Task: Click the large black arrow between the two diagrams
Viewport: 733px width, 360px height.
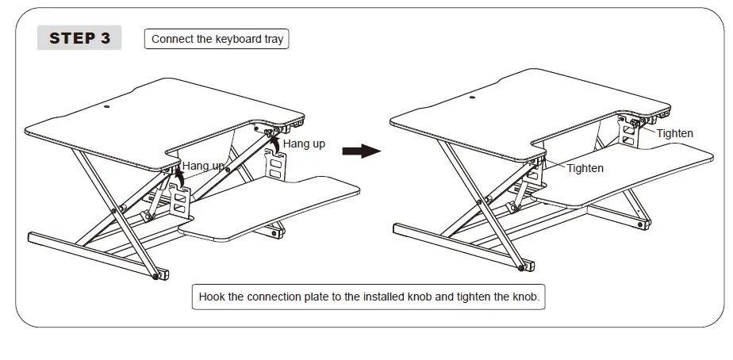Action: (x=362, y=150)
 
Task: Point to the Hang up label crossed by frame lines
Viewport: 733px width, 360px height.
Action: (x=203, y=166)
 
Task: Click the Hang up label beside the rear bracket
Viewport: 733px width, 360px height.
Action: (x=304, y=144)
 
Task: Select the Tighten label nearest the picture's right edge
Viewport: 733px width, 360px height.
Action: (x=674, y=133)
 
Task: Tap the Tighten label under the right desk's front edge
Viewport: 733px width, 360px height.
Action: (x=585, y=168)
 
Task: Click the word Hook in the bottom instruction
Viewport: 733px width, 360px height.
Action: (x=212, y=297)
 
